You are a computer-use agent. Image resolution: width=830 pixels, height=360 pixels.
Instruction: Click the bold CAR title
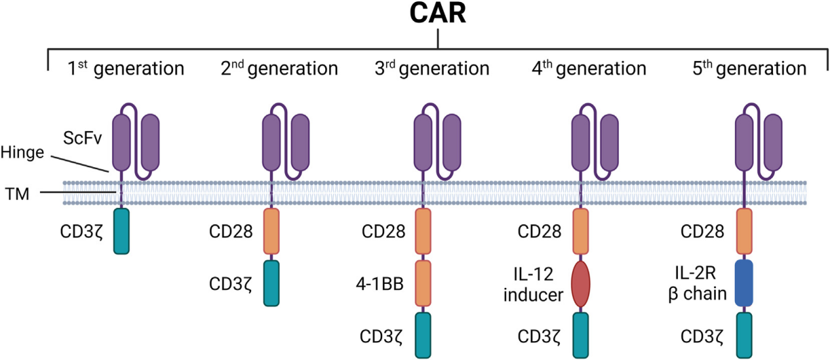(x=437, y=15)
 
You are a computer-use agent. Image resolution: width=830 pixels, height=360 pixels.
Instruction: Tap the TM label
(x=17, y=193)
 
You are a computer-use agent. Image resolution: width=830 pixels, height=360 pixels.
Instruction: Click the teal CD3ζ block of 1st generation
(x=121, y=231)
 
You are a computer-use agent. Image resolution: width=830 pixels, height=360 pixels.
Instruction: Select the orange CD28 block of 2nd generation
(x=271, y=231)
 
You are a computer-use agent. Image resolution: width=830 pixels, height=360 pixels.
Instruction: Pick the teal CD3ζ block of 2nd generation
(x=271, y=283)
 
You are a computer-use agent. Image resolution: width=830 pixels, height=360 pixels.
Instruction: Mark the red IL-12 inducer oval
(x=582, y=284)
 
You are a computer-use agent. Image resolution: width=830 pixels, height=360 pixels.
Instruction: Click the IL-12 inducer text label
(x=532, y=284)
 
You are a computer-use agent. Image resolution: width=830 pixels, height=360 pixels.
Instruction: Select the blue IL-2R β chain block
(x=743, y=284)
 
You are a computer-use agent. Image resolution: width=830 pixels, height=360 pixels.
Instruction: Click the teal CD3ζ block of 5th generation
(x=743, y=334)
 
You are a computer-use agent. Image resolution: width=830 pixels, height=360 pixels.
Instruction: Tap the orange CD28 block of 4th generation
(x=582, y=231)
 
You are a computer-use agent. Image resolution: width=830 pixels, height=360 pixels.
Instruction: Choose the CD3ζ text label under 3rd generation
(x=381, y=336)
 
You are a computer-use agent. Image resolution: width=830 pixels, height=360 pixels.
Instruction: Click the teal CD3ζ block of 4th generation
(x=582, y=334)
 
